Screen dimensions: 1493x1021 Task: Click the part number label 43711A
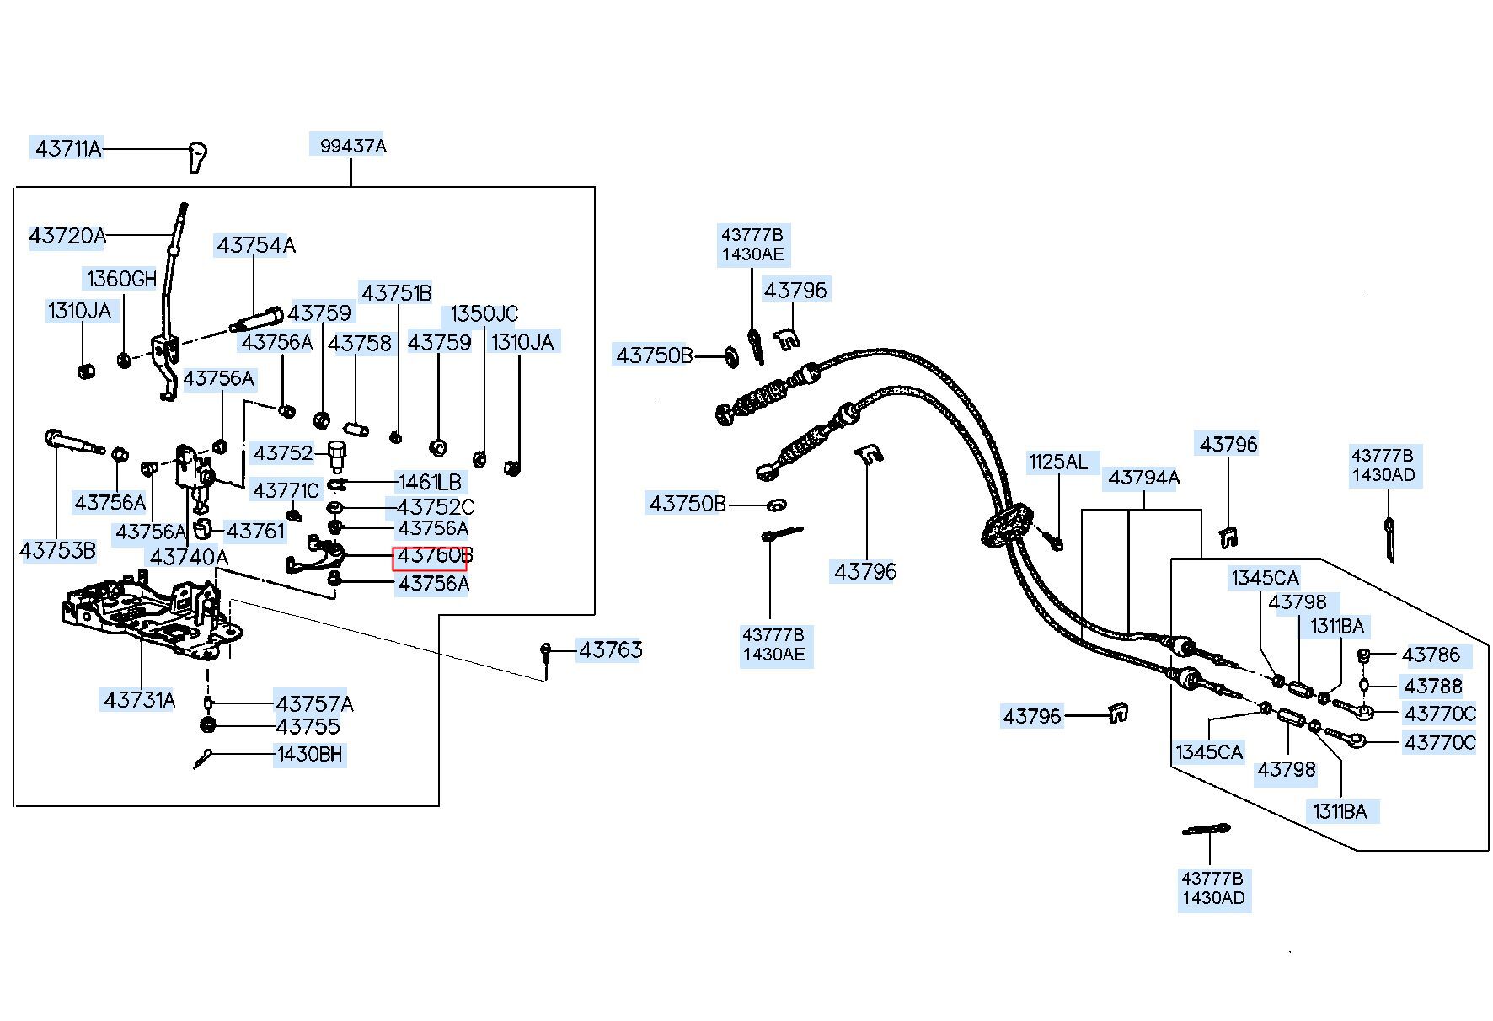[x=67, y=149]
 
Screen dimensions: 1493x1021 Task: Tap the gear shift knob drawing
[x=197, y=158]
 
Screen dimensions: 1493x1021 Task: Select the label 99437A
[x=352, y=146]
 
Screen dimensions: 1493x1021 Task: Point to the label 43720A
[x=67, y=236]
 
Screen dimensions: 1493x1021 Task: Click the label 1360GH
[x=121, y=279]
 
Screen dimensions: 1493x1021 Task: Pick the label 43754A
[x=256, y=245]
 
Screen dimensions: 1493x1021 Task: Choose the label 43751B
[x=396, y=293]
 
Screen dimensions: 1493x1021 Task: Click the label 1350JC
[x=484, y=314]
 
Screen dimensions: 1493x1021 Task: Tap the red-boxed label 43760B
[x=430, y=557]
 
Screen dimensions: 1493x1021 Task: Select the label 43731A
[x=140, y=699]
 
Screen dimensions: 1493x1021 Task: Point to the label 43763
[x=610, y=649]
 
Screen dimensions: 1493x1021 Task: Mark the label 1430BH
[x=310, y=754]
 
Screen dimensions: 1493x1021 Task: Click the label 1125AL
[x=1058, y=462]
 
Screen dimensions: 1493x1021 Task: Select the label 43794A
[x=1144, y=478]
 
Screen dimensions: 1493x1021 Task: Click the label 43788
[x=1433, y=686]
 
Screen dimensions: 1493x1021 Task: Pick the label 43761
[x=255, y=532]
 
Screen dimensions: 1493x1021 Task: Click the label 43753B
[x=57, y=551]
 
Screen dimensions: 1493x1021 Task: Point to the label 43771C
[x=286, y=490]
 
